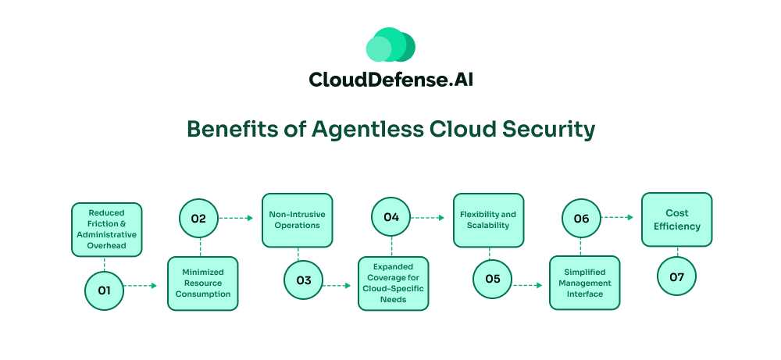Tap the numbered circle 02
(199, 219)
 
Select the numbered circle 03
(304, 280)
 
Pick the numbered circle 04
(390, 218)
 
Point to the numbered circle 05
(493, 279)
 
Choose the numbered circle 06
(582, 219)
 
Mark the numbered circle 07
(676, 276)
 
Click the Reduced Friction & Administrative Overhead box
(106, 230)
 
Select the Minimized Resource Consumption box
(202, 283)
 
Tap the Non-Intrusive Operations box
(297, 220)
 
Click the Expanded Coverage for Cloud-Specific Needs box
(394, 283)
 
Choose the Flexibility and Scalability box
(489, 220)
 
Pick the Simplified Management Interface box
(584, 283)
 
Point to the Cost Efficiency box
(677, 219)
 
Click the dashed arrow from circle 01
(141, 287)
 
